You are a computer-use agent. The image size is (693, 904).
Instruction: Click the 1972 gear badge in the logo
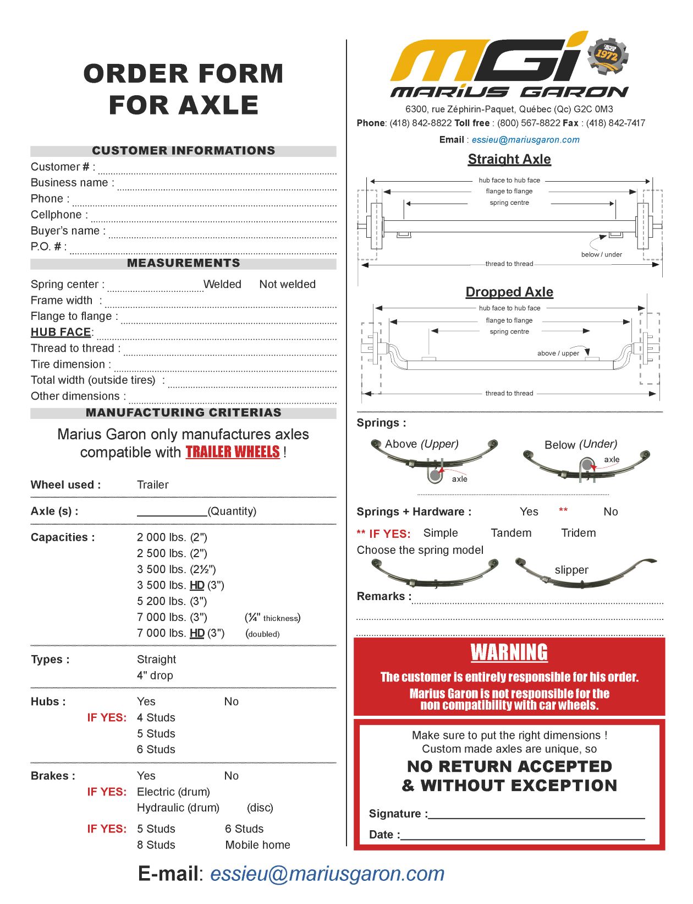pyautogui.click(x=607, y=55)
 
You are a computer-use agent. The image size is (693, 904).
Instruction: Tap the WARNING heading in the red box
pyautogui.click(x=509, y=653)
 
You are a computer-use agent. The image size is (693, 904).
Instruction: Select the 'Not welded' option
pyautogui.click(x=287, y=284)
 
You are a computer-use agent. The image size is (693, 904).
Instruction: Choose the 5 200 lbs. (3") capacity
pyautogui.click(x=172, y=601)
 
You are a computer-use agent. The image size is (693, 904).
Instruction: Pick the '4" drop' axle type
pyautogui.click(x=155, y=676)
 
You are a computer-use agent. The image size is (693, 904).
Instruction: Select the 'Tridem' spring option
pyautogui.click(x=578, y=533)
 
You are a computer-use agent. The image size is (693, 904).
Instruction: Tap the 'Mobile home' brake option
pyautogui.click(x=257, y=845)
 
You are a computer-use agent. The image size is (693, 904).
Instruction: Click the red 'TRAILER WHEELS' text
pyautogui.click(x=233, y=453)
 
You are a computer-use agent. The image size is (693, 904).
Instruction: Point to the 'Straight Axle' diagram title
pyautogui.click(x=509, y=159)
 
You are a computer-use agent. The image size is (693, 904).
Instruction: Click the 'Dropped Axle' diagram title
pyautogui.click(x=509, y=292)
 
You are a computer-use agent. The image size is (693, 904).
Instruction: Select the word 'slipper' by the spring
pyautogui.click(x=571, y=570)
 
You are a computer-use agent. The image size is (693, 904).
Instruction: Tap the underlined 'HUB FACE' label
pyautogui.click(x=61, y=332)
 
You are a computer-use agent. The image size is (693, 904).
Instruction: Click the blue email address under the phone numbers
pyautogui.click(x=525, y=140)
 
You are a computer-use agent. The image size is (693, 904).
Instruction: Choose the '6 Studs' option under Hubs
pyautogui.click(x=156, y=750)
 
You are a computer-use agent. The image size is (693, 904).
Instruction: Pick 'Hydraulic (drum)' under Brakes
pyautogui.click(x=178, y=808)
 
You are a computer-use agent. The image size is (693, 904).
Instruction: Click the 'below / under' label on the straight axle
pyautogui.click(x=601, y=254)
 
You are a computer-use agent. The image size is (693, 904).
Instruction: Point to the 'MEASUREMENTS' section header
pyautogui.click(x=183, y=263)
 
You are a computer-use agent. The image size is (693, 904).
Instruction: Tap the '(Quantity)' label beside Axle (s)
pyautogui.click(x=232, y=511)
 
